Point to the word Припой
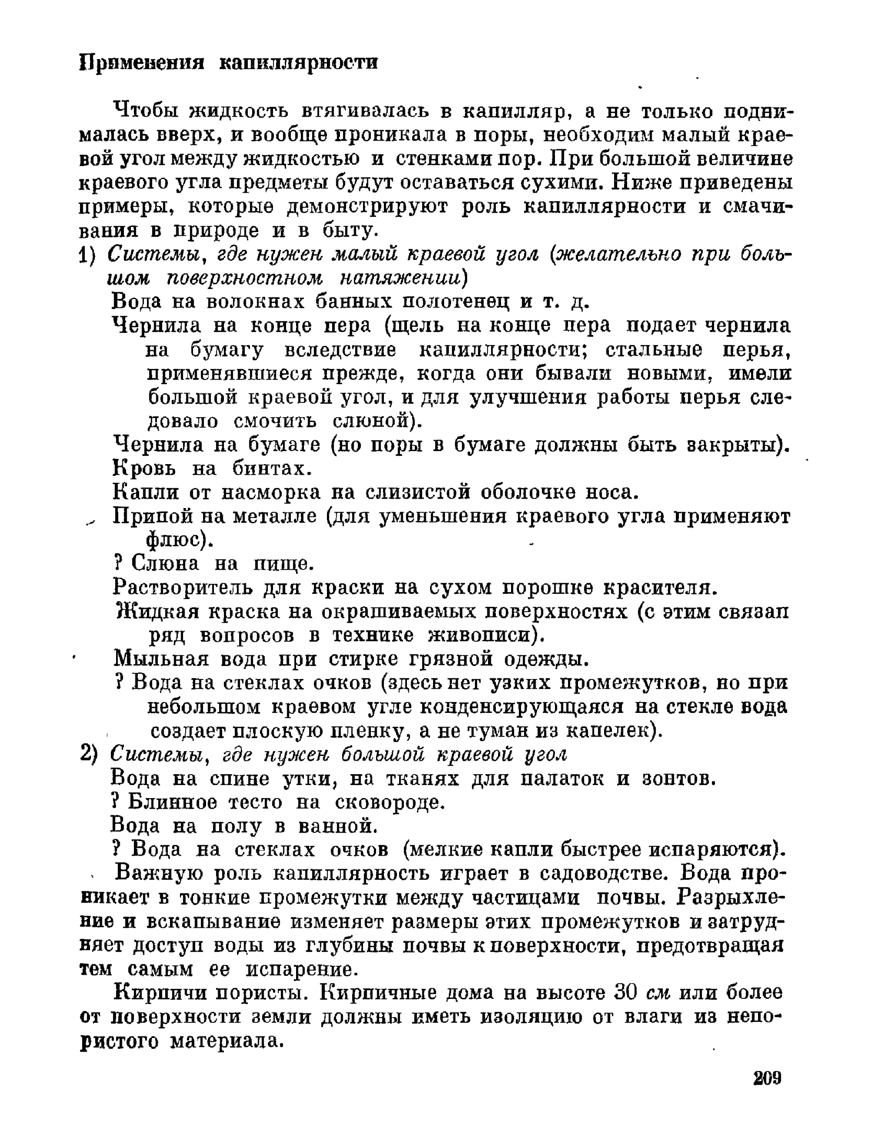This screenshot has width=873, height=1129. coord(148,516)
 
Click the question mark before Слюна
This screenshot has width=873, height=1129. coord(118,563)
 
